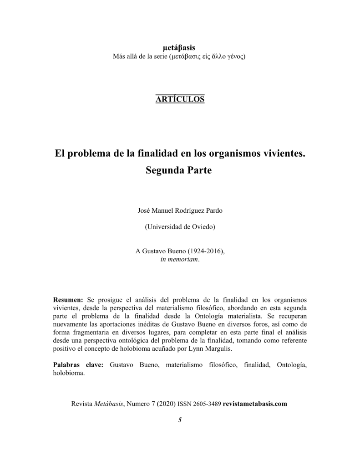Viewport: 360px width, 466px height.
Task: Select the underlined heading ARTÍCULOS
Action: [180, 99]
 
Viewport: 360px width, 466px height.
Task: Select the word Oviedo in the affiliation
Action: [203, 227]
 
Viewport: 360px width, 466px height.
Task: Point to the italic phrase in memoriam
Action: [179, 258]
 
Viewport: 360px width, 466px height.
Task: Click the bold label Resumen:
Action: [68, 300]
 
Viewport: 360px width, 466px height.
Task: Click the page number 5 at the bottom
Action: [180, 420]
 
